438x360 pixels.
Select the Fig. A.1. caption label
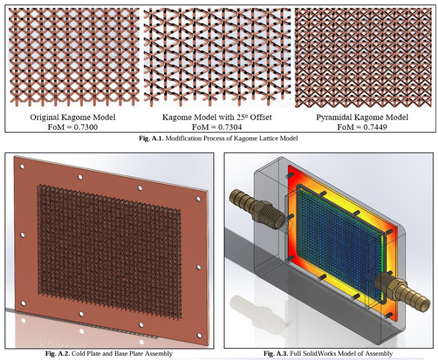pos(151,138)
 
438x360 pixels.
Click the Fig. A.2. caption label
pos(58,354)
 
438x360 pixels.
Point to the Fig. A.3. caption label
pos(276,354)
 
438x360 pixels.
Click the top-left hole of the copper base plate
pos(22,167)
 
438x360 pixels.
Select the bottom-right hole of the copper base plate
pos(200,335)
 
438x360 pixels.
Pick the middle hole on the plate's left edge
pos(23,235)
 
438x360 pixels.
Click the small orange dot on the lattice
pos(124,279)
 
